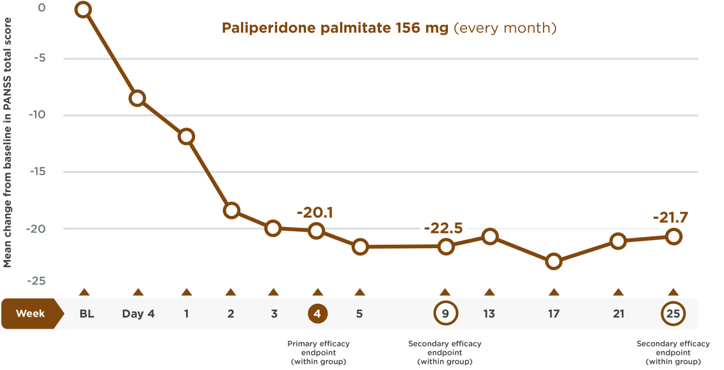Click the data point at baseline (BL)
pos(84,10)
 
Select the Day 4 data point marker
pos(137,98)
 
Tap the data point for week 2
pos(231,210)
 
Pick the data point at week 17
pos(554,261)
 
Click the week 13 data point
pos(490,236)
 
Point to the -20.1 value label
pos(314,212)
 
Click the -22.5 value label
pos(443,228)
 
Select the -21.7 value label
pos(670,218)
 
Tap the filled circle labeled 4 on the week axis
pos(317,313)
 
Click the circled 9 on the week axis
pos(445,313)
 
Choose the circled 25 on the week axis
pos(673,313)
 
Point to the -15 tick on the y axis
pos(38,172)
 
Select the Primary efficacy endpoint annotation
pos(318,352)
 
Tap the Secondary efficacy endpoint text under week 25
pos(673,352)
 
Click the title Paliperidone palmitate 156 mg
pos(335,28)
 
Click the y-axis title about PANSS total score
pos(8,142)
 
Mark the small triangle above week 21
pos(618,292)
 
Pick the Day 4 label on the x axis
pos(138,313)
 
